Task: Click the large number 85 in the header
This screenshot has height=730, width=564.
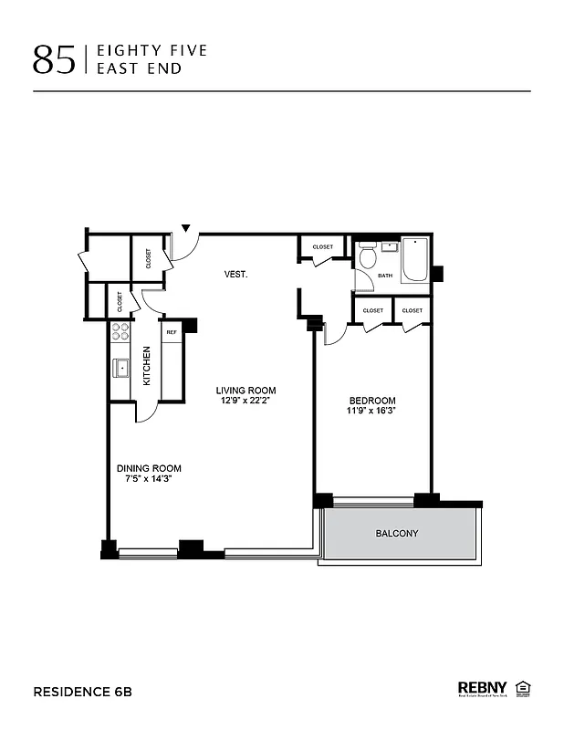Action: pos(54,58)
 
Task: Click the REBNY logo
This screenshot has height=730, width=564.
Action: pos(483,688)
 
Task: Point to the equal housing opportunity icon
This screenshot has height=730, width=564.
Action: pos(523,687)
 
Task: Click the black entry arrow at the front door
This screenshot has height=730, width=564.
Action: pos(186,228)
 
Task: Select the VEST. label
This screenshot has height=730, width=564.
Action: pos(236,274)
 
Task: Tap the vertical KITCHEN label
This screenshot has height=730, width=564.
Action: pos(146,365)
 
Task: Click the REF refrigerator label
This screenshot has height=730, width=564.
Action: pos(172,333)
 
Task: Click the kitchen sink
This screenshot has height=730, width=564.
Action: pos(120,369)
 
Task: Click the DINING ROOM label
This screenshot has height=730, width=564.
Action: pos(149,468)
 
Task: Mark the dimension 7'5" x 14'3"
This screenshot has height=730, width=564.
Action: pos(149,478)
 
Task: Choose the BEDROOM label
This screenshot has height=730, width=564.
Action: pos(373,401)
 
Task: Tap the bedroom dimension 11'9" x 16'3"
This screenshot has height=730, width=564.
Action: pos(373,411)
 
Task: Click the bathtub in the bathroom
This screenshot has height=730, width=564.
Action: pos(415,261)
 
